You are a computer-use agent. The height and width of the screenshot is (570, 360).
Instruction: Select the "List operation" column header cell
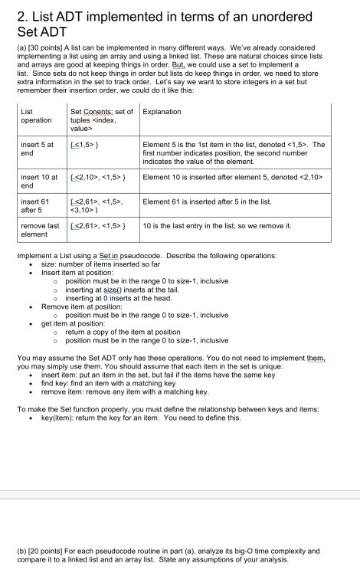[36, 116]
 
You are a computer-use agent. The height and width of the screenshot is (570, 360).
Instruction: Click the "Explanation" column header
[162, 112]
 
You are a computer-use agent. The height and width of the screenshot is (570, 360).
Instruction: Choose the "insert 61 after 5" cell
[36, 205]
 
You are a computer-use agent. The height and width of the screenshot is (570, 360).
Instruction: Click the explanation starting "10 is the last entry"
[218, 227]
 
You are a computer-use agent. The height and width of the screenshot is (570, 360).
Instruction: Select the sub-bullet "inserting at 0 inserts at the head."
[128, 298]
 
